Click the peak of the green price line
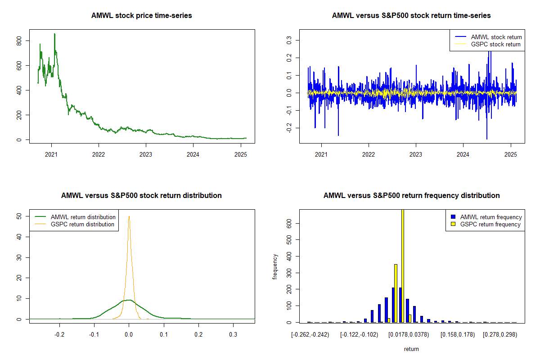click(54, 34)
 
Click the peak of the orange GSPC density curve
click(129, 216)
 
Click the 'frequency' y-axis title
click(275, 266)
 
